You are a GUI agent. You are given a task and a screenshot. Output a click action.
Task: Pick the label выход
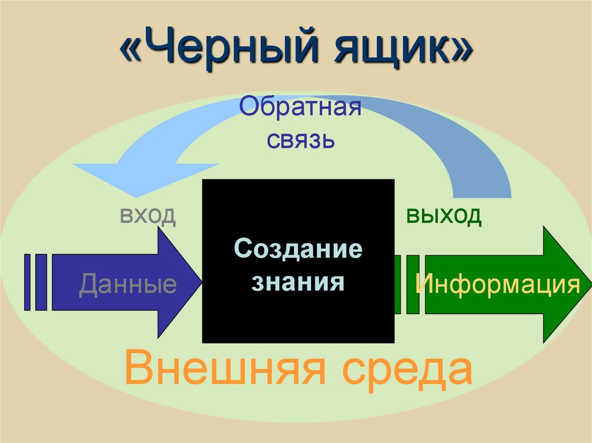coord(443,215)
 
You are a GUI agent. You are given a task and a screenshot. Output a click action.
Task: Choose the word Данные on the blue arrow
coord(128,284)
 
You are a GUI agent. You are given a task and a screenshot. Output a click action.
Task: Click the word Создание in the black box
coord(298,250)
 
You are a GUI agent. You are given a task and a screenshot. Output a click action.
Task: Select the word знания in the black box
coord(298,282)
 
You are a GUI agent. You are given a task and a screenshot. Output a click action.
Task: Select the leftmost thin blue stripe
coord(27,282)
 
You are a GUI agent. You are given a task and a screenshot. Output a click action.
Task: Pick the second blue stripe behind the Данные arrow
coord(41,282)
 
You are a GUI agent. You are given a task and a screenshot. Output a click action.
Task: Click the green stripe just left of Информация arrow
coord(412,284)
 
